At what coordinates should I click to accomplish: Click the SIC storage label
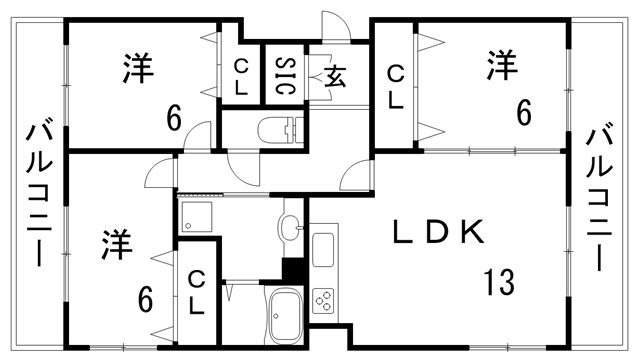284,74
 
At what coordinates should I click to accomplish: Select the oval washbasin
291,227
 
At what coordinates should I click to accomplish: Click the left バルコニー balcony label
39,194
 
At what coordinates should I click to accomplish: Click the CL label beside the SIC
242,76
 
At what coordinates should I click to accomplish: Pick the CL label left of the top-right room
396,85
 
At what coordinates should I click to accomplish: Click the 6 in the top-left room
174,119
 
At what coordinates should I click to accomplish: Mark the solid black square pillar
294,269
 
